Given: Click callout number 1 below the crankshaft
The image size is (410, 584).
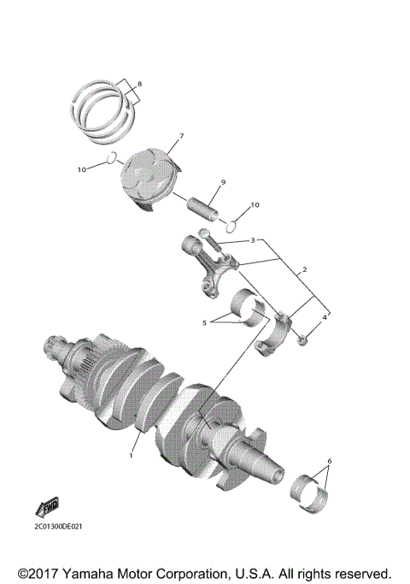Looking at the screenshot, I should (x=132, y=456).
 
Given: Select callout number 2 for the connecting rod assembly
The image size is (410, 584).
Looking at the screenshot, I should (x=302, y=268).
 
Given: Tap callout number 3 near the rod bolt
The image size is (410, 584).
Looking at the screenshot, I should (x=253, y=241).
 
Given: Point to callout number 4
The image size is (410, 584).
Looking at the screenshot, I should (x=324, y=317).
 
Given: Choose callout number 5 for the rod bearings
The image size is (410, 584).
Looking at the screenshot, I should (x=204, y=323).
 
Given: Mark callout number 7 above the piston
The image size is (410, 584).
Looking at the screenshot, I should (x=180, y=136).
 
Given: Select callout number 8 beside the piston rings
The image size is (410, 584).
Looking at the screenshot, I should (x=140, y=84).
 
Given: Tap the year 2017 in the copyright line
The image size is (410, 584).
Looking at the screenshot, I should (x=48, y=571).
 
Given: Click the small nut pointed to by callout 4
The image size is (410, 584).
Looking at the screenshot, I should (x=305, y=341).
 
